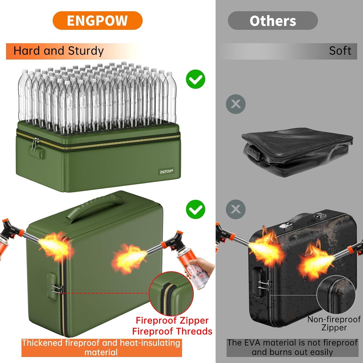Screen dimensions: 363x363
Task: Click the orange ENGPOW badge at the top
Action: (x=97, y=21)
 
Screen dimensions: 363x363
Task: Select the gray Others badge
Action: (x=273, y=21)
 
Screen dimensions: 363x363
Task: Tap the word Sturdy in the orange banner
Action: (x=86, y=51)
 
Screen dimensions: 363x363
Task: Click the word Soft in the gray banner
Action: (x=340, y=51)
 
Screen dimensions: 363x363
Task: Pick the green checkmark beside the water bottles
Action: (x=195, y=79)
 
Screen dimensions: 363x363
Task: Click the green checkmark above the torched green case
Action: (x=195, y=209)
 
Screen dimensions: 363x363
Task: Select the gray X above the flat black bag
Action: (x=235, y=104)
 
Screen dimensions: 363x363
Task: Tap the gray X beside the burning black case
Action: (x=235, y=209)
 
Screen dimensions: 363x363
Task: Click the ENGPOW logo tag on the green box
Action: (x=166, y=172)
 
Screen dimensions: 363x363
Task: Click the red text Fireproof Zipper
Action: (x=172, y=321)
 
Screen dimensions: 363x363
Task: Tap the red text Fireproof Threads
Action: (x=172, y=331)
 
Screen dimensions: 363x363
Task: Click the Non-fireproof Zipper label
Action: (x=334, y=323)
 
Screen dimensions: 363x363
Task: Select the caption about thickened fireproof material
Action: (x=101, y=347)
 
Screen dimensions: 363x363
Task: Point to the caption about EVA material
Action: (x=292, y=347)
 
